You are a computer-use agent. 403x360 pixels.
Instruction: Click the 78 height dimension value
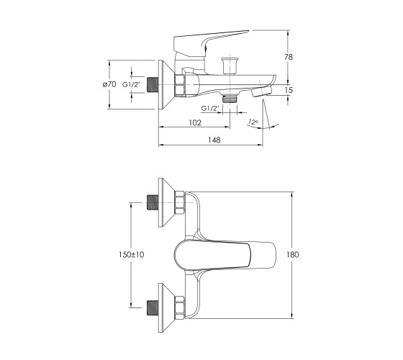tap(289, 57)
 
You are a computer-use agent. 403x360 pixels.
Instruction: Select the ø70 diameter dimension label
tap(109, 84)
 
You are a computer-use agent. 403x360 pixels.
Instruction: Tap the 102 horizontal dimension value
tap(195, 122)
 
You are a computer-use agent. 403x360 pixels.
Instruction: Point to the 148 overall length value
tap(214, 140)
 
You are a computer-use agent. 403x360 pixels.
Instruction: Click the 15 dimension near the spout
tap(289, 90)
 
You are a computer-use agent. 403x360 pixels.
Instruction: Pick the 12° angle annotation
tap(253, 122)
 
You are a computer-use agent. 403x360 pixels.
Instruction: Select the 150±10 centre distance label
tap(131, 255)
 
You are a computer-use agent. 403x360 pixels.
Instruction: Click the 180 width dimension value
tap(293, 255)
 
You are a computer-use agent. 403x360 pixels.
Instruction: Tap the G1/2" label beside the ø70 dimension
tap(131, 84)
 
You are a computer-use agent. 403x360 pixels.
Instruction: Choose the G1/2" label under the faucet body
tap(210, 108)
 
